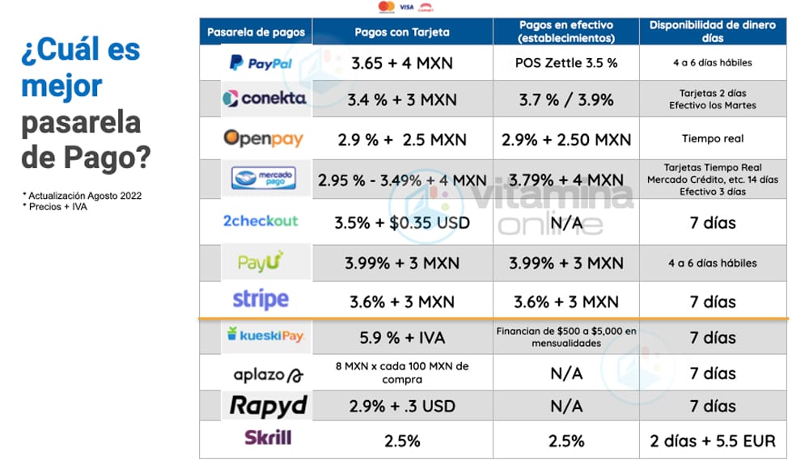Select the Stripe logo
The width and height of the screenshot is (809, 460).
260,300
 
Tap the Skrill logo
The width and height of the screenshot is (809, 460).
268,438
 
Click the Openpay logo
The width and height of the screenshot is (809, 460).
264,138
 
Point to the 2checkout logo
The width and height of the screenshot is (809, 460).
260,221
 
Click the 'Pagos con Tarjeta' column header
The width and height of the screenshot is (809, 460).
402,32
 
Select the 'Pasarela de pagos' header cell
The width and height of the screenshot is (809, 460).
256,32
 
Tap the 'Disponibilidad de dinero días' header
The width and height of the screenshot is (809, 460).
713,32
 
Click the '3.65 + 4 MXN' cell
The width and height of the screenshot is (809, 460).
402,62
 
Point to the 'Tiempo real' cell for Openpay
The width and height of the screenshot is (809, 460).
713,138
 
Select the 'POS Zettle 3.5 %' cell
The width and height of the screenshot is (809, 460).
565,62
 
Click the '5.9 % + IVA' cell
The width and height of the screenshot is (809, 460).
402,337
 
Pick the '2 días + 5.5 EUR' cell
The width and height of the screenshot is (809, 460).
713,441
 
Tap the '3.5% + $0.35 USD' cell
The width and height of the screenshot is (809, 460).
402,222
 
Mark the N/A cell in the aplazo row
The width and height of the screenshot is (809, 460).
565,373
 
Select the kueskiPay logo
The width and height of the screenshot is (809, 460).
265,336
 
